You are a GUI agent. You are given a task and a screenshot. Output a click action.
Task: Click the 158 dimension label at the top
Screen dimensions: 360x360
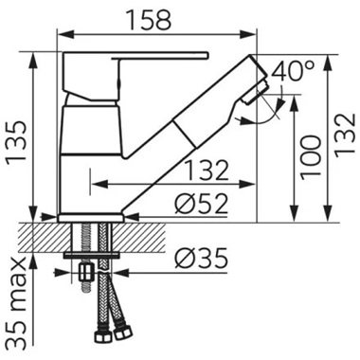[x=149, y=20]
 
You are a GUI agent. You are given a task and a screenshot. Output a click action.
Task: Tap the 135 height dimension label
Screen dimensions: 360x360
[x=17, y=141]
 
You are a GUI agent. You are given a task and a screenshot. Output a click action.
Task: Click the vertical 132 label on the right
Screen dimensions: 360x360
[x=345, y=135]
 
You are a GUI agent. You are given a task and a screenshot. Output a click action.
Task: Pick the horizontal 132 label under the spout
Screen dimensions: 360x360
[x=206, y=171]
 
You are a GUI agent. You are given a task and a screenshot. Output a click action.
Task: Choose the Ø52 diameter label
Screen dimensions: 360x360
[x=201, y=204]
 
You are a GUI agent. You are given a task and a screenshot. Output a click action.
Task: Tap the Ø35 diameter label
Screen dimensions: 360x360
[x=201, y=258]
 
